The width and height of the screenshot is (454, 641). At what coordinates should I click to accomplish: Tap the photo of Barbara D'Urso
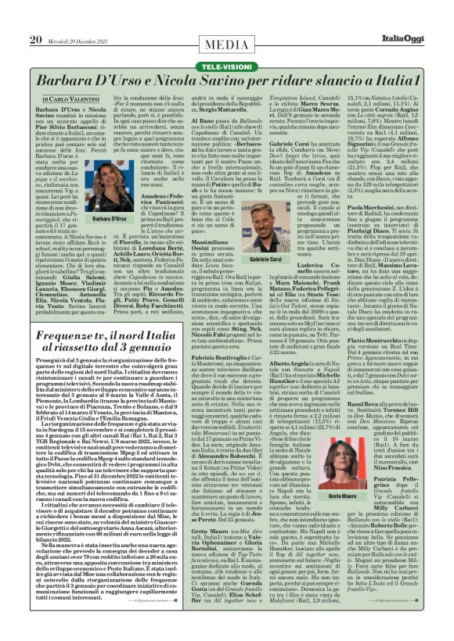click(x=107, y=188)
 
